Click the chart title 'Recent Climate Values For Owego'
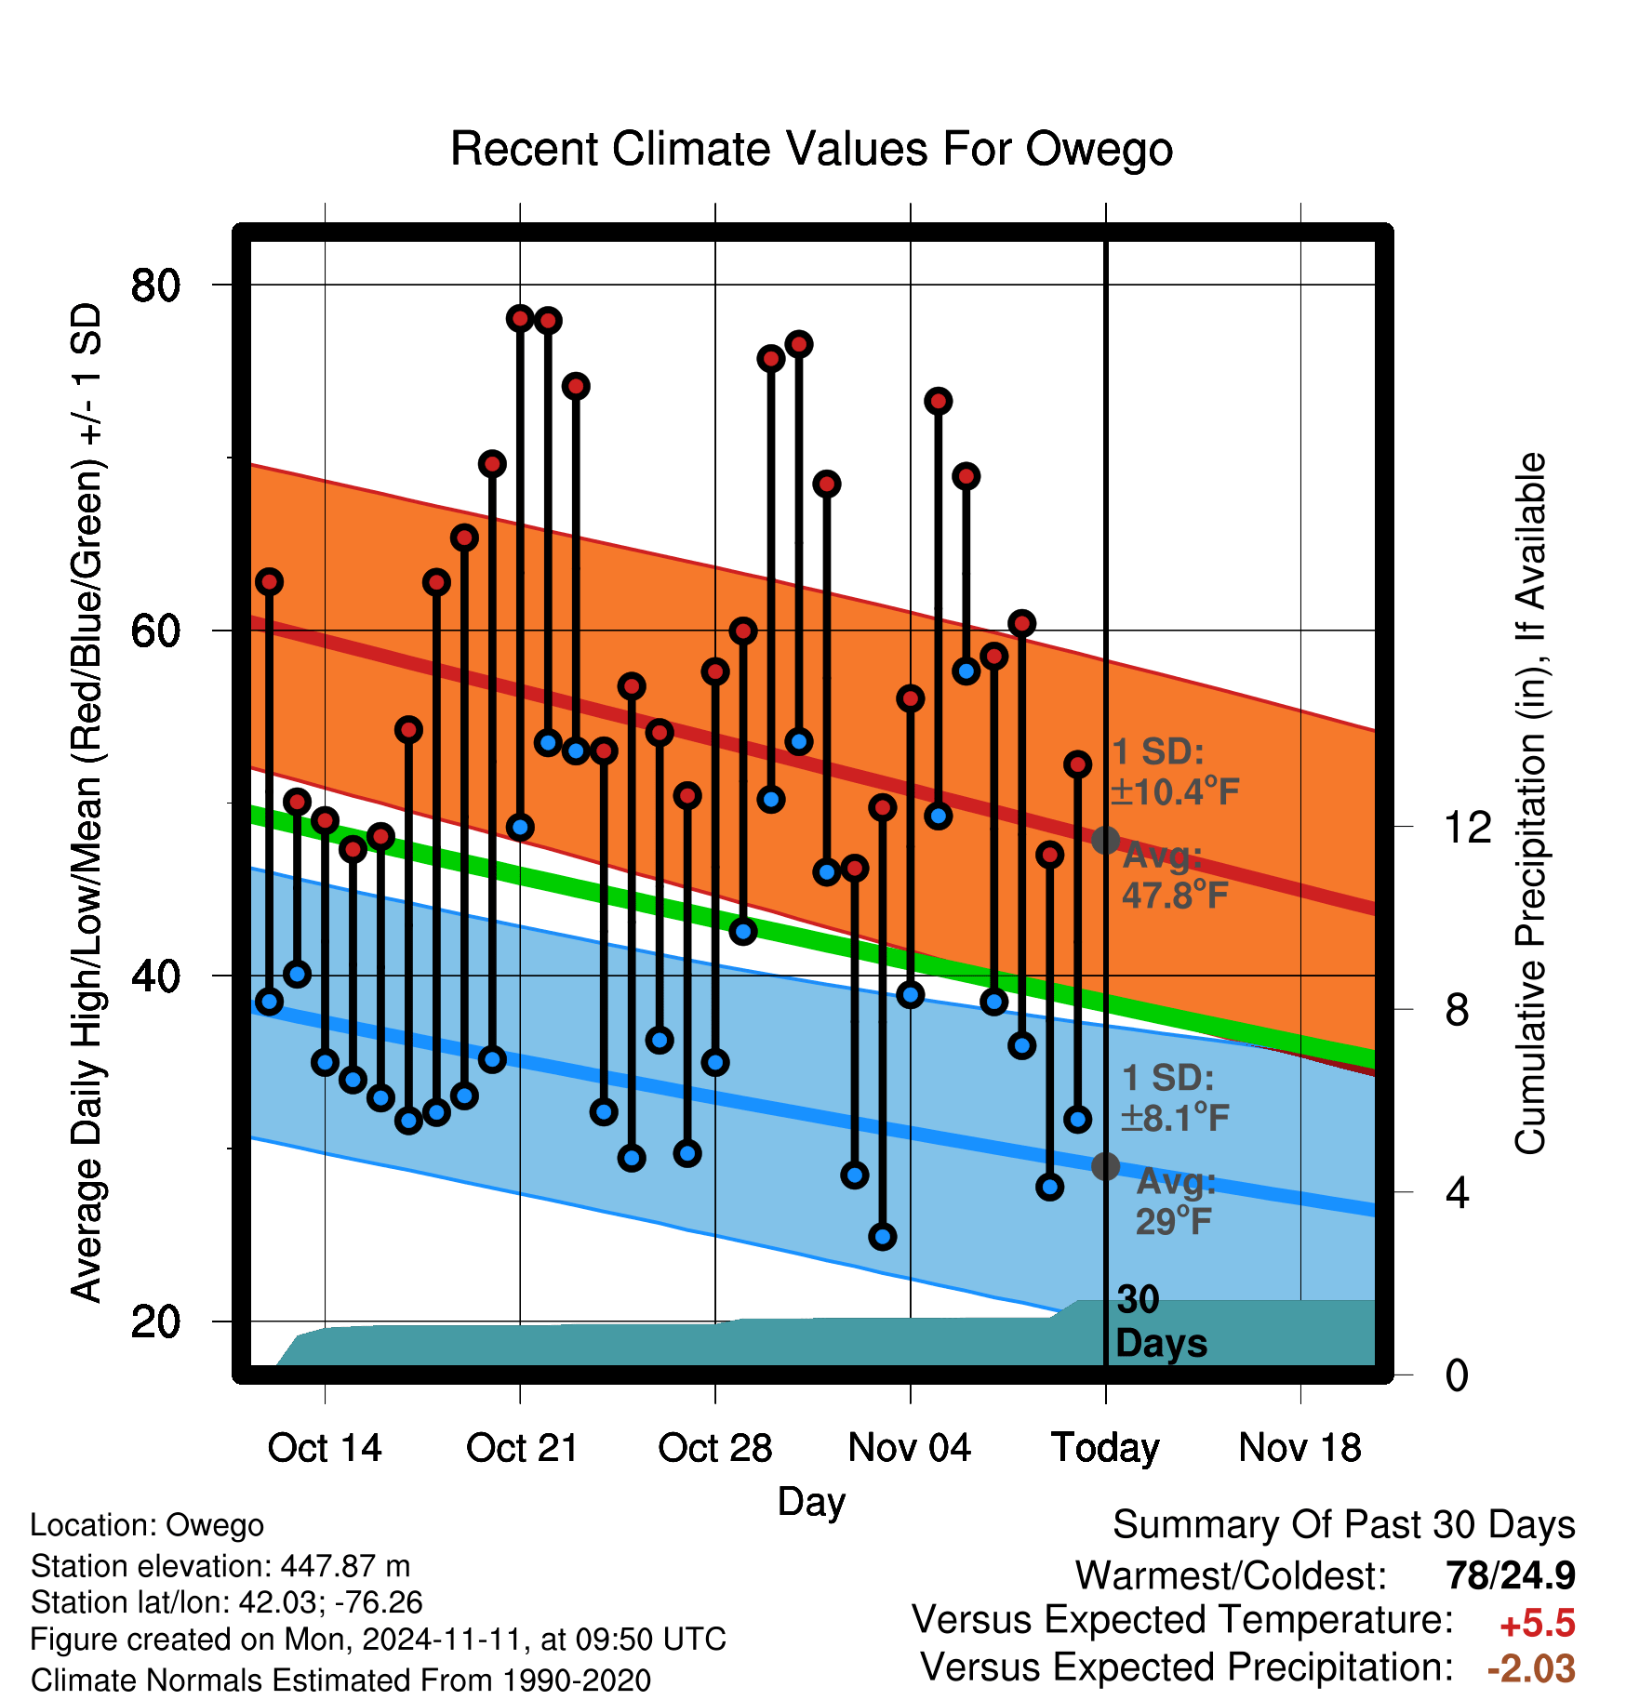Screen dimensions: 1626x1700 (x=811, y=149)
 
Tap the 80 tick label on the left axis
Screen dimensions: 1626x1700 (x=156, y=285)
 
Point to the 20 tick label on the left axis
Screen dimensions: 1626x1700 (x=156, y=1321)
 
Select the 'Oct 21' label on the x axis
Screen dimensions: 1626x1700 (x=522, y=1448)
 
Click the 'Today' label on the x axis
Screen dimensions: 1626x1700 (x=1105, y=1449)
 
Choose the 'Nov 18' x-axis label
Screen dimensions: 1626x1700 (x=1300, y=1448)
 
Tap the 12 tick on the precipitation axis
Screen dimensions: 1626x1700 (x=1468, y=827)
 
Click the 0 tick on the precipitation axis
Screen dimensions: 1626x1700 (x=1457, y=1375)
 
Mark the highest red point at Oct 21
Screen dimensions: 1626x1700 (x=520, y=318)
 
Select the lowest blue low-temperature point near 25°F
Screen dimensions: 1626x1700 (x=883, y=1237)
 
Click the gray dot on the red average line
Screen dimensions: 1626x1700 (x=1105, y=840)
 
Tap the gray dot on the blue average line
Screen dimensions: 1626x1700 (x=1105, y=1165)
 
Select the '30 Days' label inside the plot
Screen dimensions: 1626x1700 (x=1161, y=1321)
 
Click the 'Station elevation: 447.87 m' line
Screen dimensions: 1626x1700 (x=220, y=1566)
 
